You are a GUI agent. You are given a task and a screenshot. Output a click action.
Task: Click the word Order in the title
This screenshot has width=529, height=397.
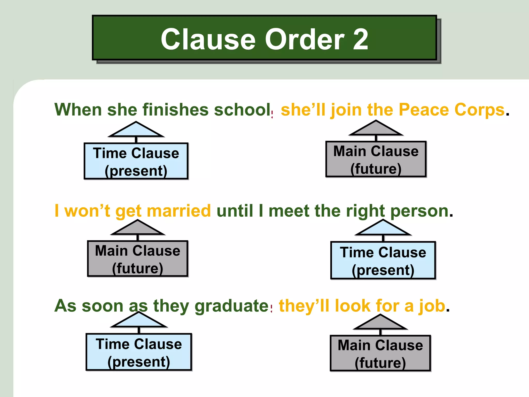(x=305, y=40)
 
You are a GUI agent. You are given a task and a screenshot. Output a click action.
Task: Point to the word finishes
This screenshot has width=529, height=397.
(x=175, y=110)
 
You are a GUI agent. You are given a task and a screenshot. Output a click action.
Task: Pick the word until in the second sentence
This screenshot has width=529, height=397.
(x=235, y=211)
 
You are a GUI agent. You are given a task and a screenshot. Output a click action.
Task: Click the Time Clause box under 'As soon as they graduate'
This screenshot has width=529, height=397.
(x=139, y=352)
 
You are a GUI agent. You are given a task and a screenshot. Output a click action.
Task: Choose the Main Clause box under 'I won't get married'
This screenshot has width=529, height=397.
(x=138, y=259)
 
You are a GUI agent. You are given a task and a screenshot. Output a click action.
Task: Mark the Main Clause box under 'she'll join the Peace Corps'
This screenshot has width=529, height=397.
(x=376, y=159)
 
